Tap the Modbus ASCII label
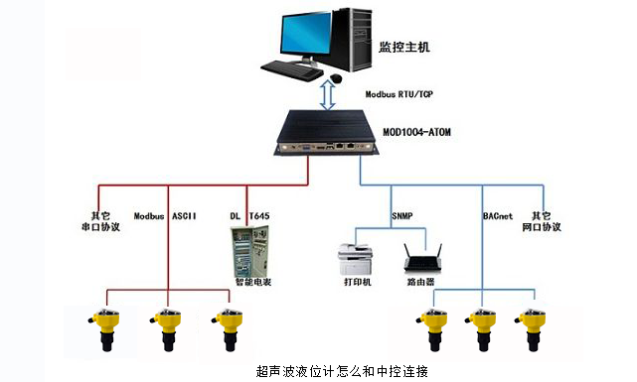[x=167, y=215]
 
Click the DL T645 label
[x=248, y=215]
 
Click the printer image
[x=358, y=260]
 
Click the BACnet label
[x=497, y=215]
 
